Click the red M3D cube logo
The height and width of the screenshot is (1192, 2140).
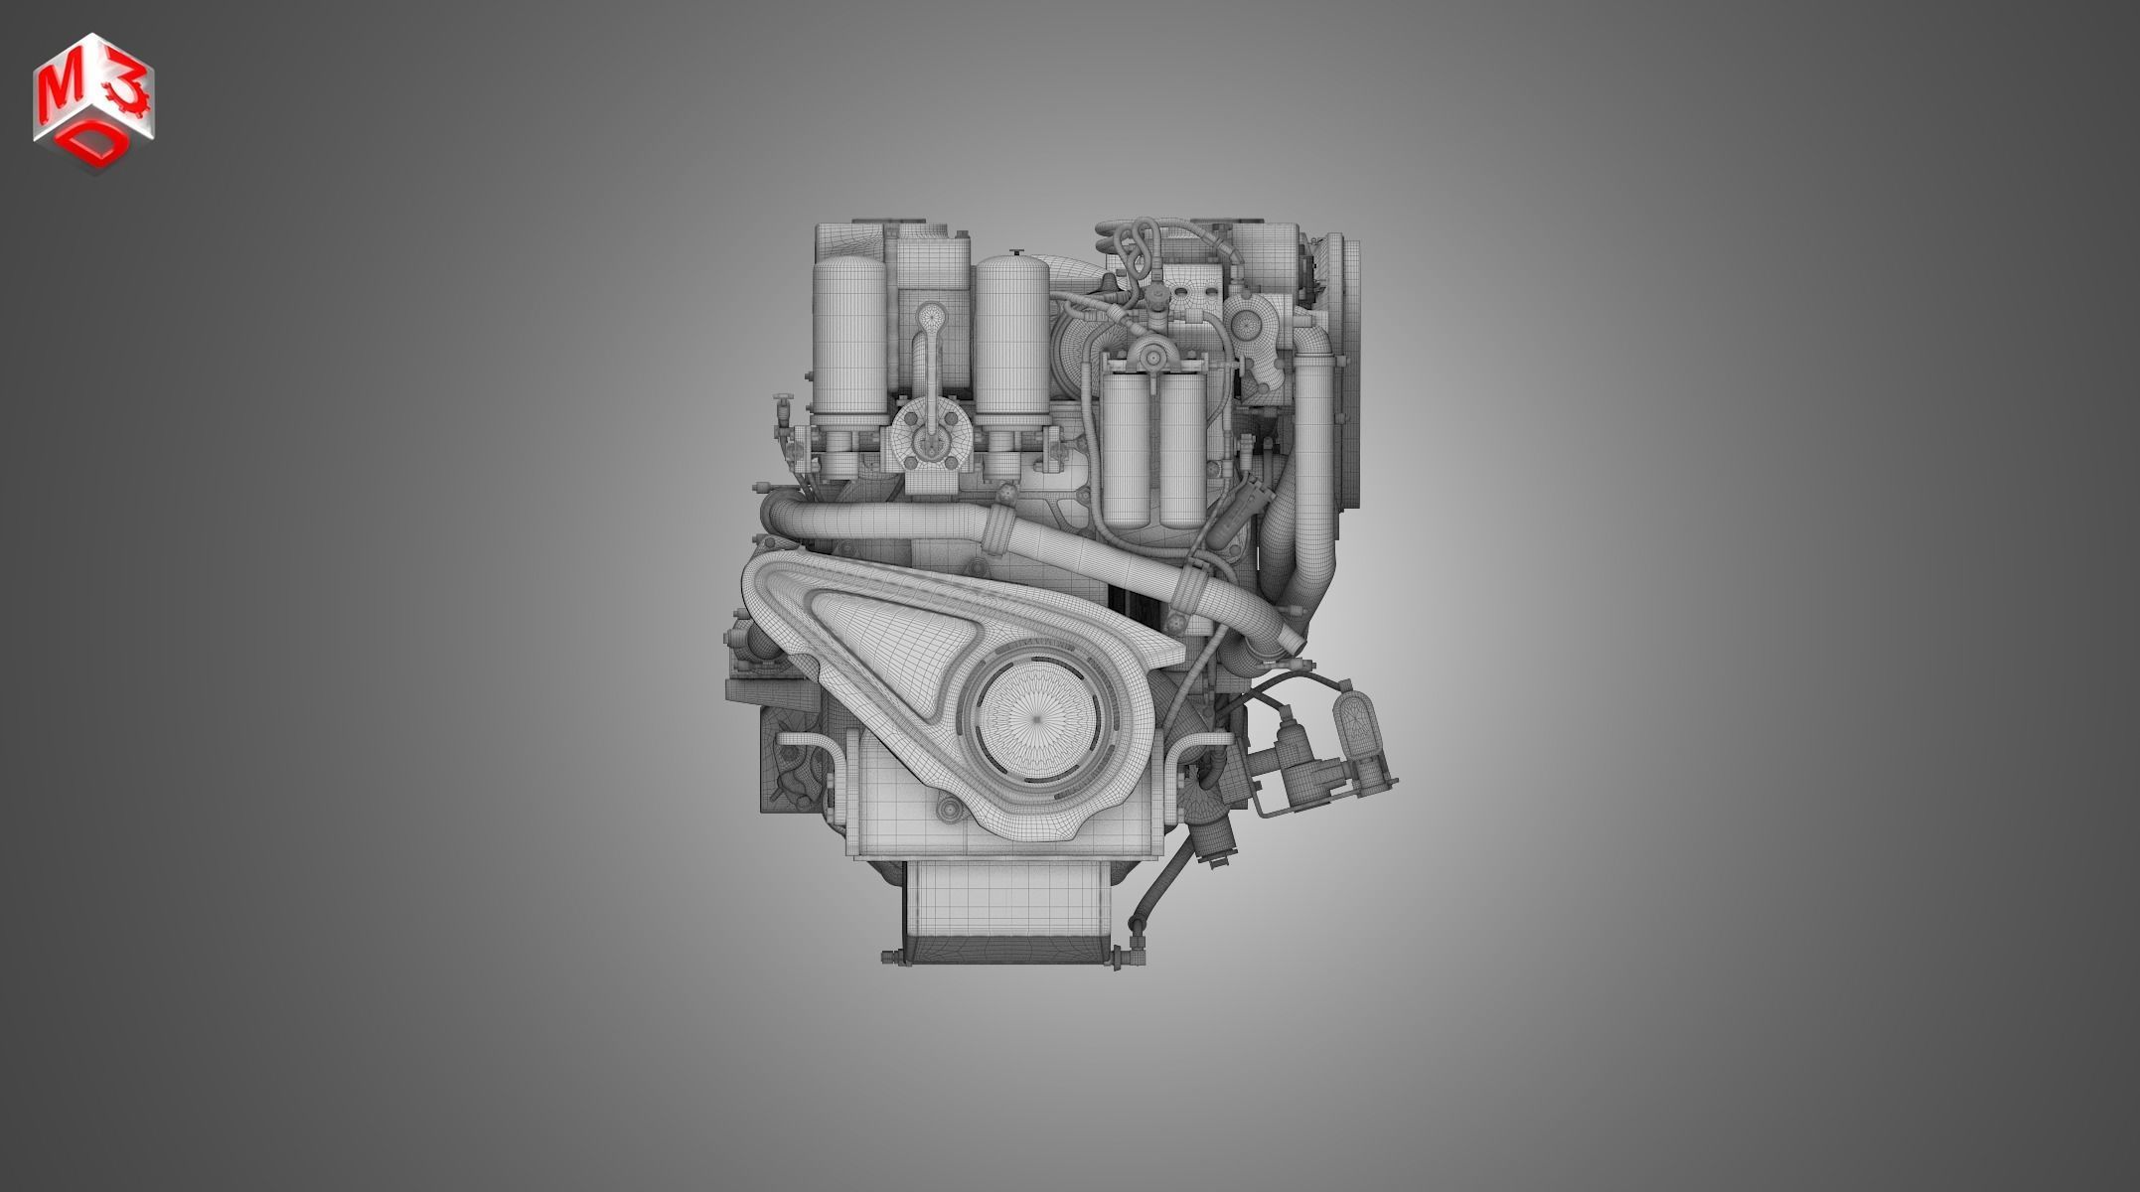tap(94, 103)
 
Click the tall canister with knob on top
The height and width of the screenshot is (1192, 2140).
tap(1012, 343)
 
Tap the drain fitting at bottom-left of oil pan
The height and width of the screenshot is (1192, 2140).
tap(892, 958)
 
